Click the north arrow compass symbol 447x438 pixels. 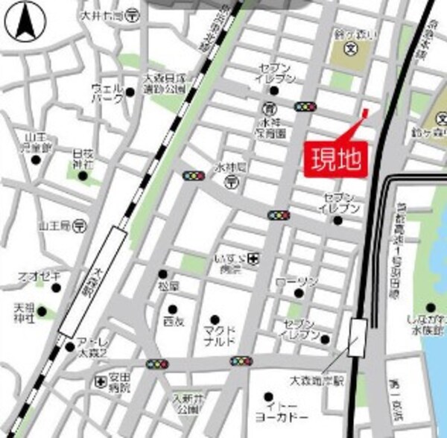point(22,24)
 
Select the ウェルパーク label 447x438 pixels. point(107,93)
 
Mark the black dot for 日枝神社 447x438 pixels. point(82,175)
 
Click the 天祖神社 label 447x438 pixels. point(25,313)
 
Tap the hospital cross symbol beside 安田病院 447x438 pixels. point(101,382)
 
